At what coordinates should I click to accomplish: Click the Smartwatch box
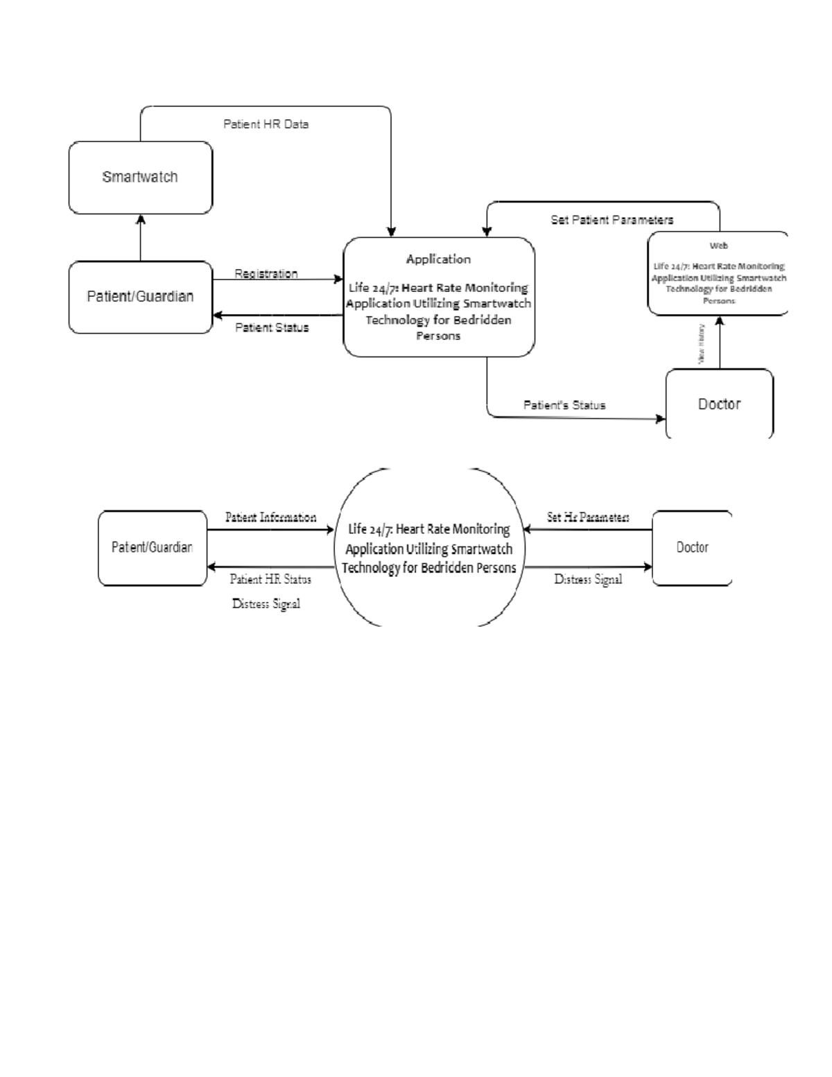(140, 178)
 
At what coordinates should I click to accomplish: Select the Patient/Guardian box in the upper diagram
(140, 297)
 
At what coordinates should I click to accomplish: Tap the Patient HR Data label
(266, 124)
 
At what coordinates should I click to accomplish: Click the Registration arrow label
(266, 273)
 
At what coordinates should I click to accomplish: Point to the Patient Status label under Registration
(272, 327)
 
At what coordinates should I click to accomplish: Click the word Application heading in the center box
(438, 259)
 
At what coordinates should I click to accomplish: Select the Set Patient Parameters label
(612, 220)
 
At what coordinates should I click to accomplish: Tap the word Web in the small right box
(718, 245)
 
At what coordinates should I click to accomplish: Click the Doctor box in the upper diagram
(719, 404)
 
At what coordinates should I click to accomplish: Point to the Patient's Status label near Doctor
(564, 405)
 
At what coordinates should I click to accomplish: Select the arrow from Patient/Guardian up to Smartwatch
(141, 237)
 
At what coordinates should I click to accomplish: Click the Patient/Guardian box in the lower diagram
(152, 547)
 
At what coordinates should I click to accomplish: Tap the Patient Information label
(270, 517)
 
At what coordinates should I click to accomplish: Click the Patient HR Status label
(270, 579)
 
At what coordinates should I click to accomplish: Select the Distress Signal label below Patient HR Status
(266, 604)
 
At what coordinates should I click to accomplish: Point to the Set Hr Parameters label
(588, 517)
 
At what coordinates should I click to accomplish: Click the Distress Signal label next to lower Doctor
(588, 579)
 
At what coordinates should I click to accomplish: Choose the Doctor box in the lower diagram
(692, 547)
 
